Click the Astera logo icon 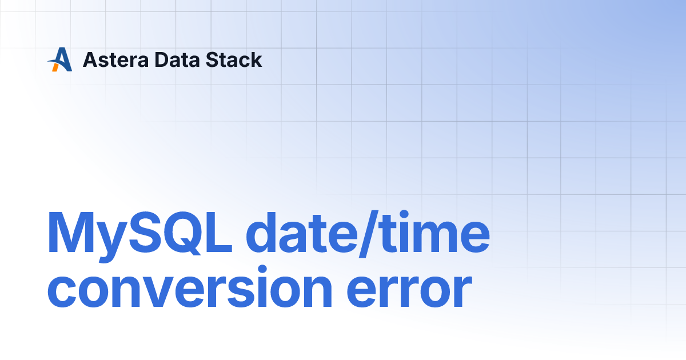59,59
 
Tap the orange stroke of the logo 55,67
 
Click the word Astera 115,59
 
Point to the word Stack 234,59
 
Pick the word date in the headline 302,233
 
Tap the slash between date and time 369,234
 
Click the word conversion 190,287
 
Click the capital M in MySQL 71,232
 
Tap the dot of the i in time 404,215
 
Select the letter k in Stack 256,59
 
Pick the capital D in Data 162,59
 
